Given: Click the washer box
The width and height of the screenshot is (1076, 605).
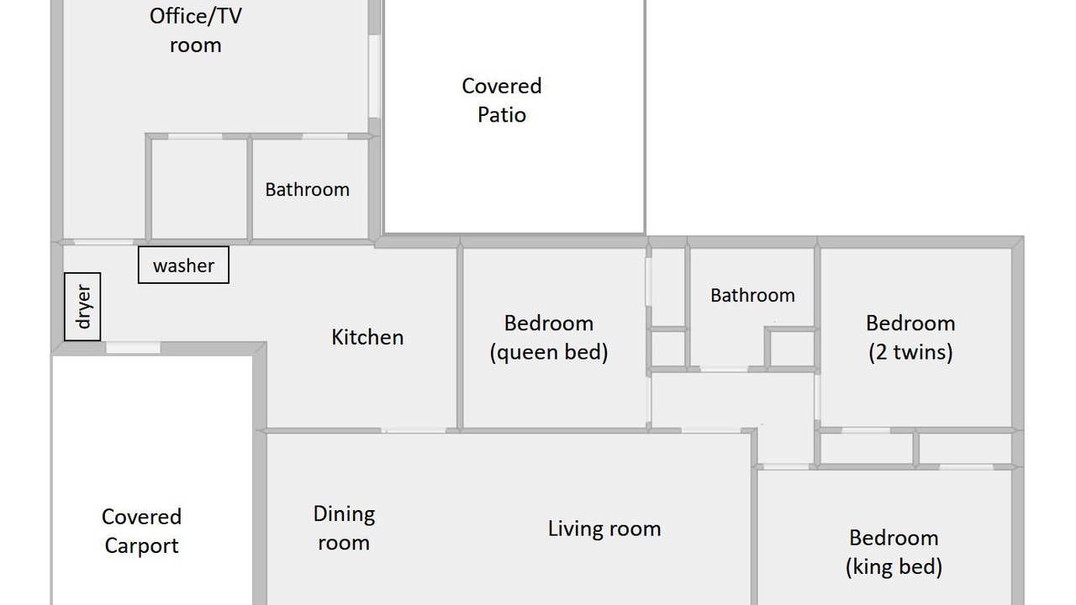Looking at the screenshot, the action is (x=183, y=265).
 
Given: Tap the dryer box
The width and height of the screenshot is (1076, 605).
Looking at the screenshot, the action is (x=82, y=307).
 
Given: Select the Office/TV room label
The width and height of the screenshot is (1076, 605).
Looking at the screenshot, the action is (x=196, y=31).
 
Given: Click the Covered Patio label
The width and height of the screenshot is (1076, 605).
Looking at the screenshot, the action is (x=502, y=100).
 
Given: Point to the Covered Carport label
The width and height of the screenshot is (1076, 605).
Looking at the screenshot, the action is (x=142, y=531).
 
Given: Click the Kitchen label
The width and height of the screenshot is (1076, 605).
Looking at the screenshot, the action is (x=367, y=337).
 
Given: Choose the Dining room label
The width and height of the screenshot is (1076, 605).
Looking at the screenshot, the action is (x=344, y=529).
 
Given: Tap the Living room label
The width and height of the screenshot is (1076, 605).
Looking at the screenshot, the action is (x=604, y=529).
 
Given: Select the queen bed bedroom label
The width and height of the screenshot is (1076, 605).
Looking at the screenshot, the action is (x=549, y=338).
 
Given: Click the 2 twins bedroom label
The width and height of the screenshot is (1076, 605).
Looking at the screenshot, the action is (x=910, y=338).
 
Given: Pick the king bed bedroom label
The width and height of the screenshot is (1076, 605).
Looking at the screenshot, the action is (x=894, y=552).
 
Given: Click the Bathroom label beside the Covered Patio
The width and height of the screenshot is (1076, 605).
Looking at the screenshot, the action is (x=308, y=190).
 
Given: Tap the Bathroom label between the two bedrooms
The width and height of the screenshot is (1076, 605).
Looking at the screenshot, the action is (x=752, y=295).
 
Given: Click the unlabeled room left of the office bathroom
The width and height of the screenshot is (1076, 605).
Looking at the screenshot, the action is (x=199, y=189).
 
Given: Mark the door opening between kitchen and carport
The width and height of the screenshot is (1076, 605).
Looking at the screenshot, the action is (x=133, y=348).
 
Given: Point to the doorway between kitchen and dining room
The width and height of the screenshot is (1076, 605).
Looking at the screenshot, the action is (x=414, y=431).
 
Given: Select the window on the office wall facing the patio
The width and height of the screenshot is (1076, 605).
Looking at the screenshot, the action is (x=374, y=76).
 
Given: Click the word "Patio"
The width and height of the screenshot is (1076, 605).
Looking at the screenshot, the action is (x=502, y=115).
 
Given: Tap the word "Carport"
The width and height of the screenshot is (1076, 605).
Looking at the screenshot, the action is (x=142, y=546).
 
